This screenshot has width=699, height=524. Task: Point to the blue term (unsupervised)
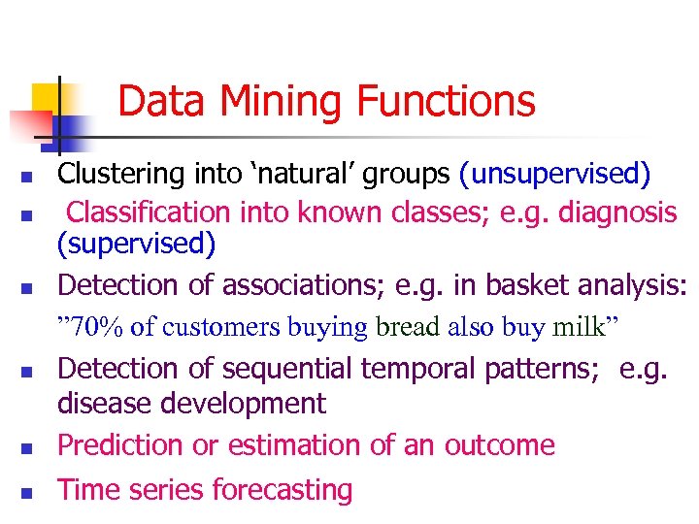[x=555, y=175]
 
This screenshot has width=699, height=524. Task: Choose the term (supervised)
[x=137, y=244]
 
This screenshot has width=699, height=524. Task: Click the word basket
[x=530, y=285]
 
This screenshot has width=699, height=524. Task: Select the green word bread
[x=408, y=327]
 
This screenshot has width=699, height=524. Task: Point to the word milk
[x=579, y=327]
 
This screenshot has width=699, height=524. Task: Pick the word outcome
[x=499, y=445]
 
